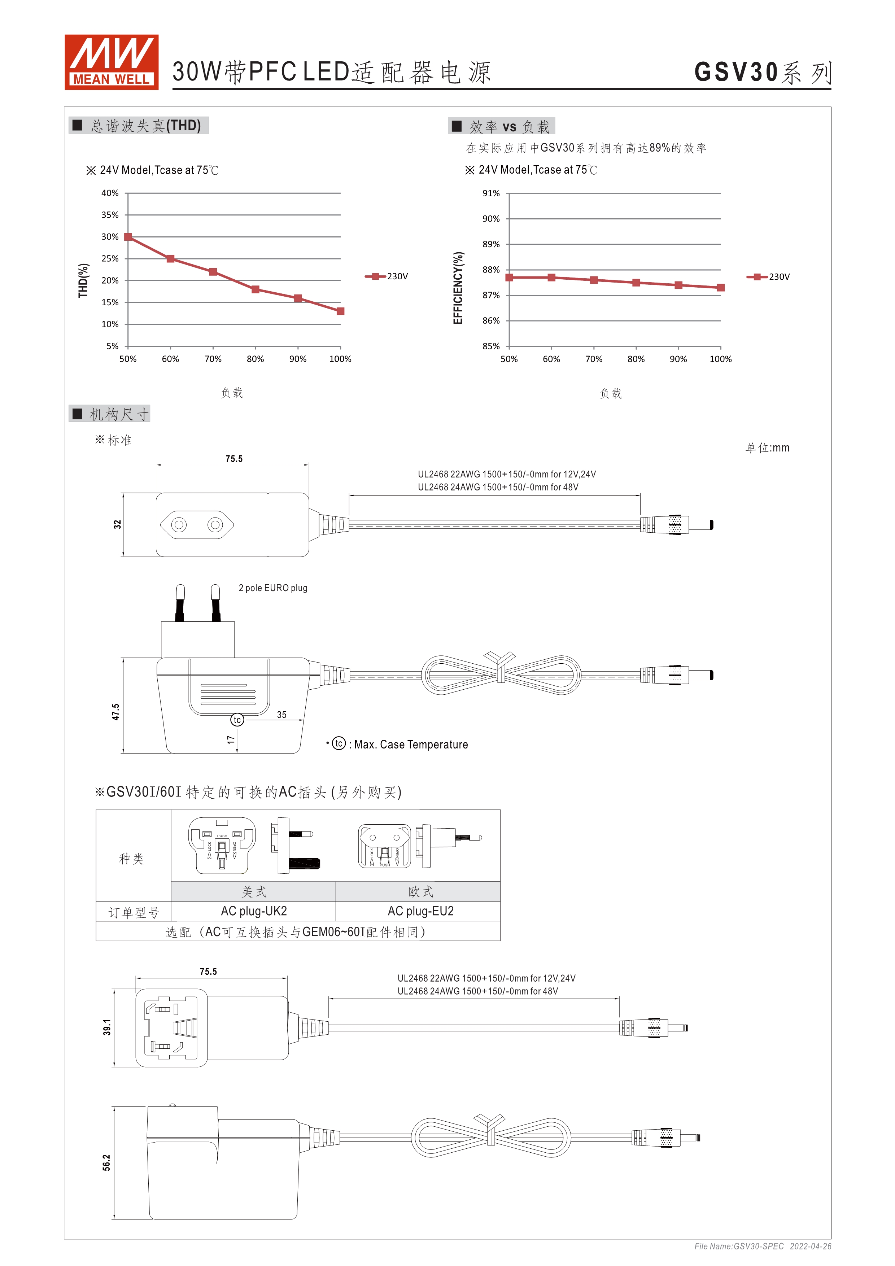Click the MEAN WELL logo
[112, 62]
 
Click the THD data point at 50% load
[128, 237]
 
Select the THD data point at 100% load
[340, 311]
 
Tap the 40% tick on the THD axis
[110, 193]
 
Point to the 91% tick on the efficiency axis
[491, 193]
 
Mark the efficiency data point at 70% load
[593, 280]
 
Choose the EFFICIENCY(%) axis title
[458, 288]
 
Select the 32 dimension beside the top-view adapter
[117, 524]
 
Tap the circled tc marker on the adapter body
[237, 720]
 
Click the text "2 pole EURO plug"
[273, 588]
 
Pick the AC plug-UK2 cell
[254, 911]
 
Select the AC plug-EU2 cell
[420, 911]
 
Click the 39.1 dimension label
[107, 1027]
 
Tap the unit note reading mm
[767, 448]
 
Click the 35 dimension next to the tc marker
[282, 715]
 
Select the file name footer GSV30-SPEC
[739, 1246]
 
